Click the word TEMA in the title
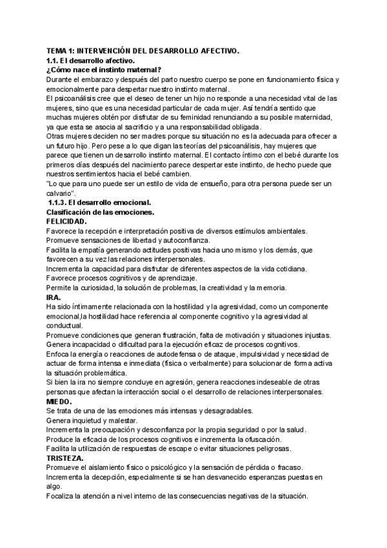(x=57, y=50)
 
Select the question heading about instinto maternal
(x=103, y=69)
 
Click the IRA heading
(x=54, y=297)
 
